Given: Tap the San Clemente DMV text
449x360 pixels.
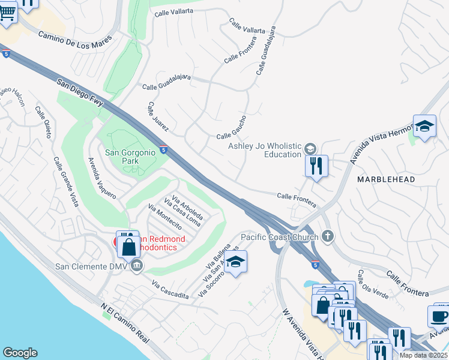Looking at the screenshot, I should (92, 266).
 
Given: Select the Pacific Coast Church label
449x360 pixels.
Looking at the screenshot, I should (279, 236).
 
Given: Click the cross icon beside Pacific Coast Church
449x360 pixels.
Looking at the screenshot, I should (327, 236).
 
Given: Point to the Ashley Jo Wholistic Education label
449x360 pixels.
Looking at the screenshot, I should (265, 150).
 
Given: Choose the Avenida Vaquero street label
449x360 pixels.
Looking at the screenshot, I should (101, 178).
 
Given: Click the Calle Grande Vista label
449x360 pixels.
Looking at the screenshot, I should (65, 181).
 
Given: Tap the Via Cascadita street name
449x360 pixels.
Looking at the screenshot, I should (170, 290).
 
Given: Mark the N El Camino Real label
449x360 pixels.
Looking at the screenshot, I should (125, 323).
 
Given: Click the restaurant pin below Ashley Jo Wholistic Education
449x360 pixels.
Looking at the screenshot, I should (316, 166).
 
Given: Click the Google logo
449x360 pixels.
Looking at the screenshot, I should (20, 353).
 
